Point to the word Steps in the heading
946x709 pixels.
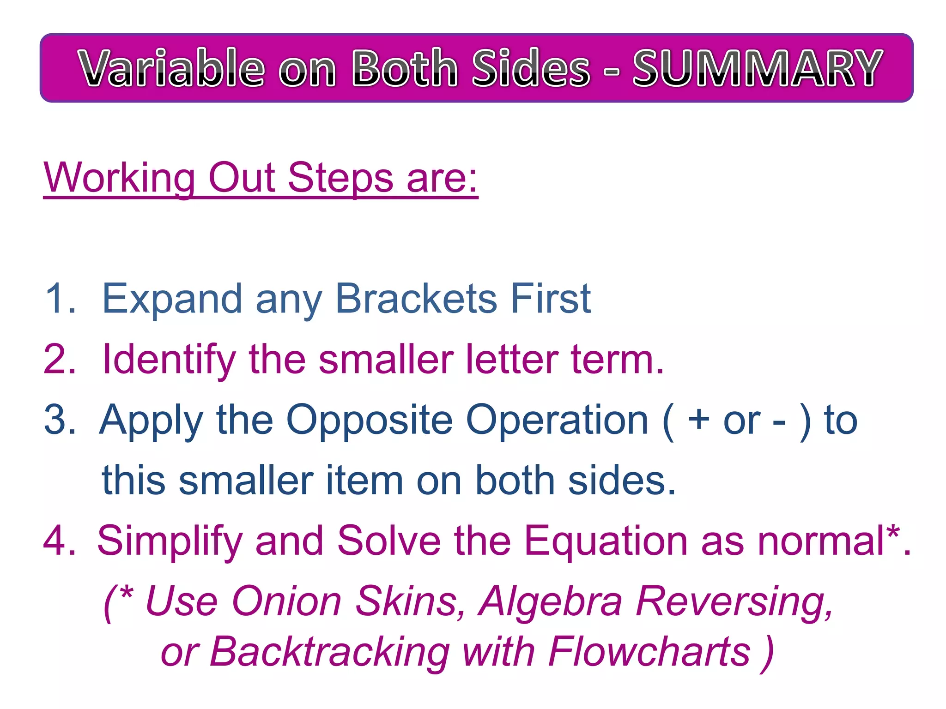(x=340, y=179)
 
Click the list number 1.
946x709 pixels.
(x=59, y=299)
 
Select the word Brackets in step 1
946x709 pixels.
(x=416, y=299)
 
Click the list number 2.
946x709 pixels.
(x=59, y=360)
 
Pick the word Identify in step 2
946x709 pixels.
(x=169, y=361)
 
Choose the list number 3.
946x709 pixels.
(x=59, y=420)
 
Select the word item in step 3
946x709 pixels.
(x=365, y=481)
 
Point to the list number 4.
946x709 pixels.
(x=59, y=541)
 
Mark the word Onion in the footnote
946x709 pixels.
(x=286, y=601)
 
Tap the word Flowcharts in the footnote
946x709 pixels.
(x=649, y=651)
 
